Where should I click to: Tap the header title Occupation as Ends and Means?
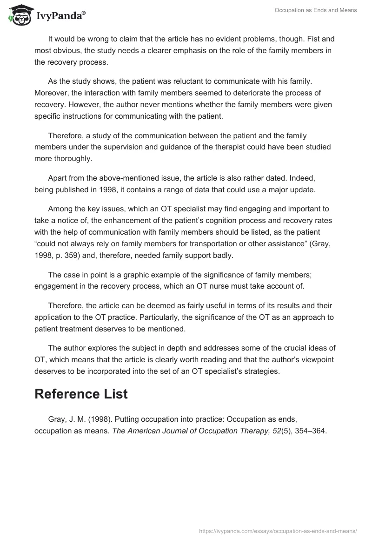315,10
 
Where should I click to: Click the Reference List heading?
81,394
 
